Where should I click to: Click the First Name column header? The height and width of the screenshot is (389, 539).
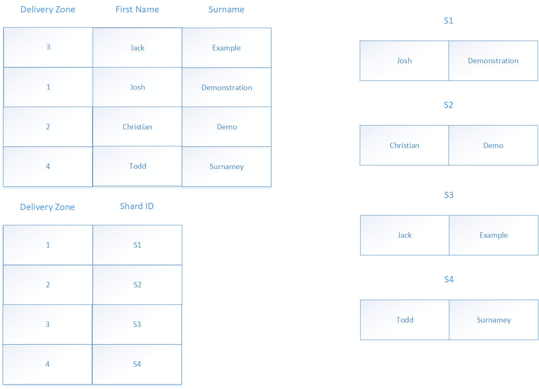coord(137,10)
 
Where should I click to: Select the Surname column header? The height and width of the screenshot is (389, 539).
coord(226,10)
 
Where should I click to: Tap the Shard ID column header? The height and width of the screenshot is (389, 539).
coord(137,206)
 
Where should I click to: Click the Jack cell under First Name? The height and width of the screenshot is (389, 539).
coord(137,48)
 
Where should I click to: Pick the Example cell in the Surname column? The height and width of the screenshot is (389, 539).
coord(226,48)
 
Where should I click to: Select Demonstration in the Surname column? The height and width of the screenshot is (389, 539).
coord(227,88)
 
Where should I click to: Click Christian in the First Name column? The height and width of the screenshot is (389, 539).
coord(137,127)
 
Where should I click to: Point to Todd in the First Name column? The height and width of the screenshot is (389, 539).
coord(137,166)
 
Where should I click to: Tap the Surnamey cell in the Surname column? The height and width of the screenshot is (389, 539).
coord(227,167)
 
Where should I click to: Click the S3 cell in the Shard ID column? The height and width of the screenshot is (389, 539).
coord(137,325)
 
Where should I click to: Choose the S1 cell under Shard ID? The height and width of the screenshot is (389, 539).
coord(137,245)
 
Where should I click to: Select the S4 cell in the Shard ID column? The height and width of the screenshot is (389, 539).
coord(137,364)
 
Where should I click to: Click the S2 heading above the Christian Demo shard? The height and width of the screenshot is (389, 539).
coord(448,105)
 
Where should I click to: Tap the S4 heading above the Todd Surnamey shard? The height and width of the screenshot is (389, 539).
coord(449,279)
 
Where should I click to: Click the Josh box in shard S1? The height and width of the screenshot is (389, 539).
coord(404,61)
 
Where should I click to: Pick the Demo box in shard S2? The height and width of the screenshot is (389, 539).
coord(493,146)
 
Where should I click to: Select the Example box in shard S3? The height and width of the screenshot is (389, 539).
coord(493,235)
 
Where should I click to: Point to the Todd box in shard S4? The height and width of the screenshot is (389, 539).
coord(405,320)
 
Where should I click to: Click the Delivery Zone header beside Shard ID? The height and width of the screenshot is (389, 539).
coord(48,207)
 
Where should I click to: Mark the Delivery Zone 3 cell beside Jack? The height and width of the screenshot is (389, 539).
coord(48,47)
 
